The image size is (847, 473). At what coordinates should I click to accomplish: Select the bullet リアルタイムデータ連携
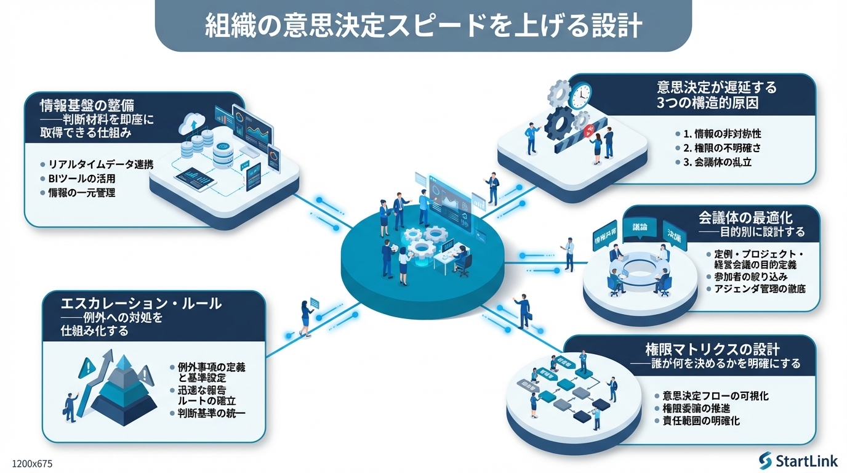100,165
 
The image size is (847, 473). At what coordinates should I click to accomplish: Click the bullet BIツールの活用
81,179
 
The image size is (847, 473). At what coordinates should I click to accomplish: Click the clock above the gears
579,96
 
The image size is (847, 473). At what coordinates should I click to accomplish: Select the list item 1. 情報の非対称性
718,134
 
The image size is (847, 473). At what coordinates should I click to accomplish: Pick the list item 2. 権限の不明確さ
718,148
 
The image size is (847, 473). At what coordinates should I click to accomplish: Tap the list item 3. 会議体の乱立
713,163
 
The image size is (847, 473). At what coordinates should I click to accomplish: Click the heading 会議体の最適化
745,217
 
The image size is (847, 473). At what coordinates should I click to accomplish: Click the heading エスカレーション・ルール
141,304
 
